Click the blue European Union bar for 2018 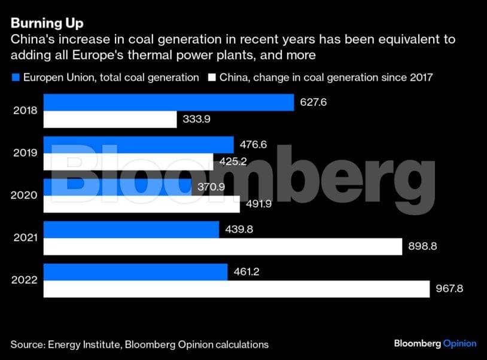[x=169, y=102]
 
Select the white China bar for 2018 [x=110, y=120]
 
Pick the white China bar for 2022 [x=236, y=289]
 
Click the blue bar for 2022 [x=135, y=272]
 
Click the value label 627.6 [x=313, y=102]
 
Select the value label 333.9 [x=196, y=120]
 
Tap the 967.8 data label [x=449, y=289]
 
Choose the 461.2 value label [x=246, y=272]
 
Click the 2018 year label [x=25, y=111]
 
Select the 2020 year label [x=25, y=196]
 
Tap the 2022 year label [x=25, y=280]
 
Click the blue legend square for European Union [x=16, y=77]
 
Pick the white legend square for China [x=211, y=77]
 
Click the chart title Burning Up [x=47, y=24]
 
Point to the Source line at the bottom [x=139, y=344]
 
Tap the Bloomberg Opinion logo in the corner [x=435, y=343]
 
